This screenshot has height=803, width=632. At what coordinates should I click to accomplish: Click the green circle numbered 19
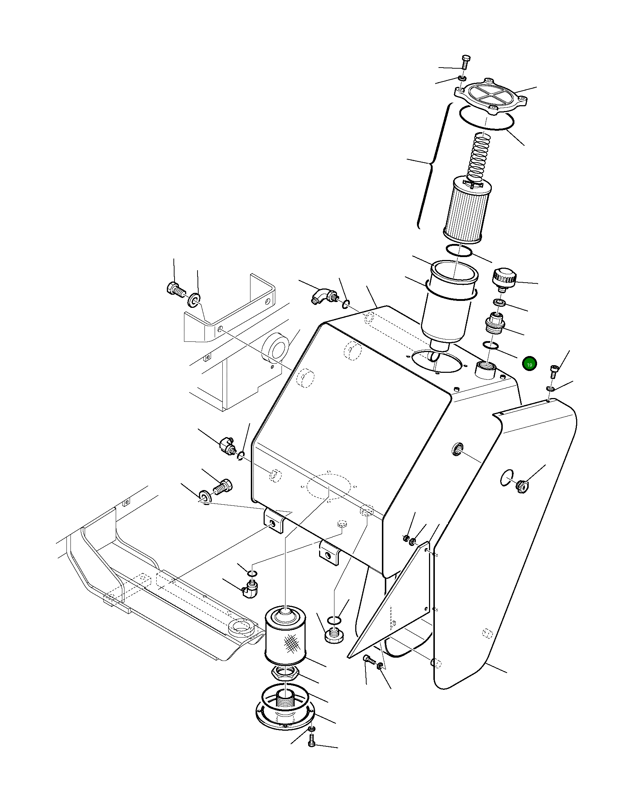[529, 364]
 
